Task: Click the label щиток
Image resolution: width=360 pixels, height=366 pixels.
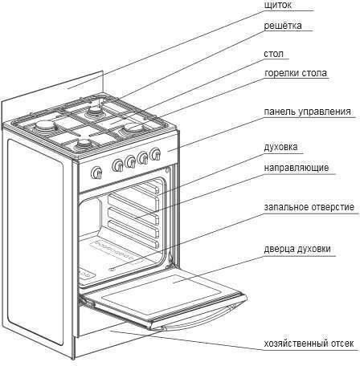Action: pos(277,6)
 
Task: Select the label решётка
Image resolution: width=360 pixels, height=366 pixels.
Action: pos(283,26)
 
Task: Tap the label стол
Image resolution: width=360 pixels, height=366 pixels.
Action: pos(273,54)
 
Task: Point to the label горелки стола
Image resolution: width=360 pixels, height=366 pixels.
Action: pos(296,73)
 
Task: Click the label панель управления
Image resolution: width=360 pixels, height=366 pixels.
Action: pos(307,112)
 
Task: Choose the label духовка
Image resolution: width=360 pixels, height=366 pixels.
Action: pos(280,147)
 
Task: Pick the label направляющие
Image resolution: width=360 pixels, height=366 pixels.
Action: pos(297,168)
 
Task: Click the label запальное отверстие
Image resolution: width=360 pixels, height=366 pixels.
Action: pos(309,207)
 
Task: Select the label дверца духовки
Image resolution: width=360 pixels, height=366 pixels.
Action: pos(297,249)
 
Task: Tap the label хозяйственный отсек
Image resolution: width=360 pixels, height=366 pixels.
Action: pos(309,344)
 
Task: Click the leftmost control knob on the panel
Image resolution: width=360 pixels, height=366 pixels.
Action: pos(96,173)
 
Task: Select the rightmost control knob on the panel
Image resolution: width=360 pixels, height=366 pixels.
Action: pos(155,154)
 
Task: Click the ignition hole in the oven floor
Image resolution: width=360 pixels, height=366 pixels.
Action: pos(112,269)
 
